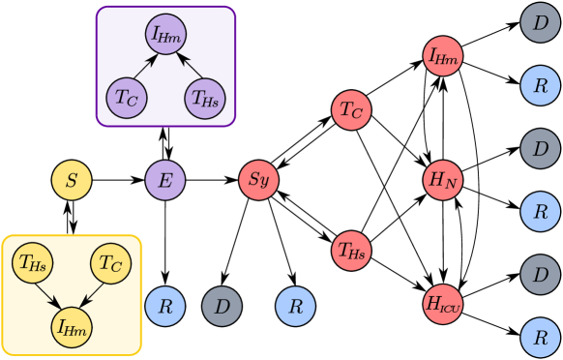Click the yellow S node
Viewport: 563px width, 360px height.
(x=72, y=180)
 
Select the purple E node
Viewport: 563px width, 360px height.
(x=164, y=180)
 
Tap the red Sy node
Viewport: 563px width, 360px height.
(x=258, y=180)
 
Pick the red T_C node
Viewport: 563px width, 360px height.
(x=351, y=110)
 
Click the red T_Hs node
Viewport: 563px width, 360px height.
(x=351, y=251)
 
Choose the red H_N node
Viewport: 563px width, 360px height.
(x=444, y=180)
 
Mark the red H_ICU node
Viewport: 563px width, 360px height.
(x=444, y=303)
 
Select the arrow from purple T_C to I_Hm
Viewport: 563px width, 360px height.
(x=144, y=68)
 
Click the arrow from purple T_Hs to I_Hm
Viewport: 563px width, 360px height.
(x=185, y=68)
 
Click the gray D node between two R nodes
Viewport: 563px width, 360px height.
(x=222, y=307)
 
